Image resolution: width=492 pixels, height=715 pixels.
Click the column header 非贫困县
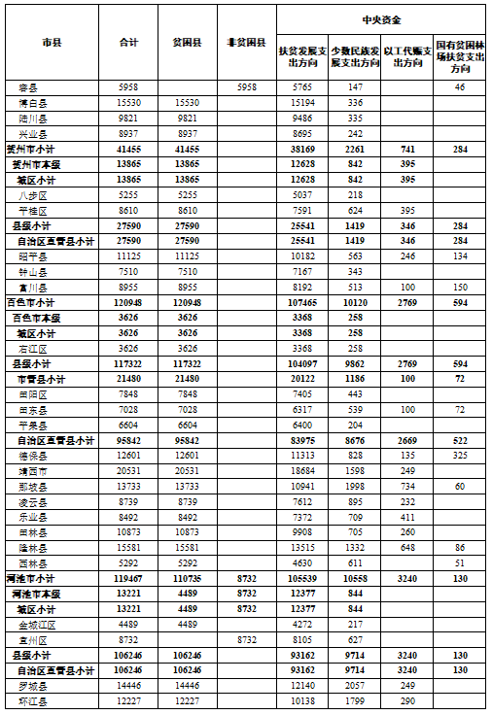click(x=247, y=44)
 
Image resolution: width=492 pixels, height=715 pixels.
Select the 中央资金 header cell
click(x=382, y=19)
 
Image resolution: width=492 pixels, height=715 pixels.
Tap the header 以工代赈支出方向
click(x=403, y=55)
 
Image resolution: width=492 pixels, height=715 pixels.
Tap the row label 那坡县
click(x=34, y=484)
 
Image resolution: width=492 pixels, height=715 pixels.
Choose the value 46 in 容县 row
click(x=460, y=87)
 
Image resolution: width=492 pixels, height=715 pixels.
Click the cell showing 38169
click(x=301, y=150)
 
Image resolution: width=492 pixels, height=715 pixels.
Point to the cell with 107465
click(x=301, y=303)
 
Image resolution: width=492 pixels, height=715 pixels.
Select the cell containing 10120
click(x=354, y=303)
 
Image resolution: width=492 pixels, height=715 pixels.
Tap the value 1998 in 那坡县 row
click(x=354, y=484)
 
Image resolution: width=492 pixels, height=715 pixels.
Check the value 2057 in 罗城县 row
click(x=354, y=685)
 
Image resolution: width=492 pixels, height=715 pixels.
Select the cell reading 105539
click(x=301, y=577)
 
